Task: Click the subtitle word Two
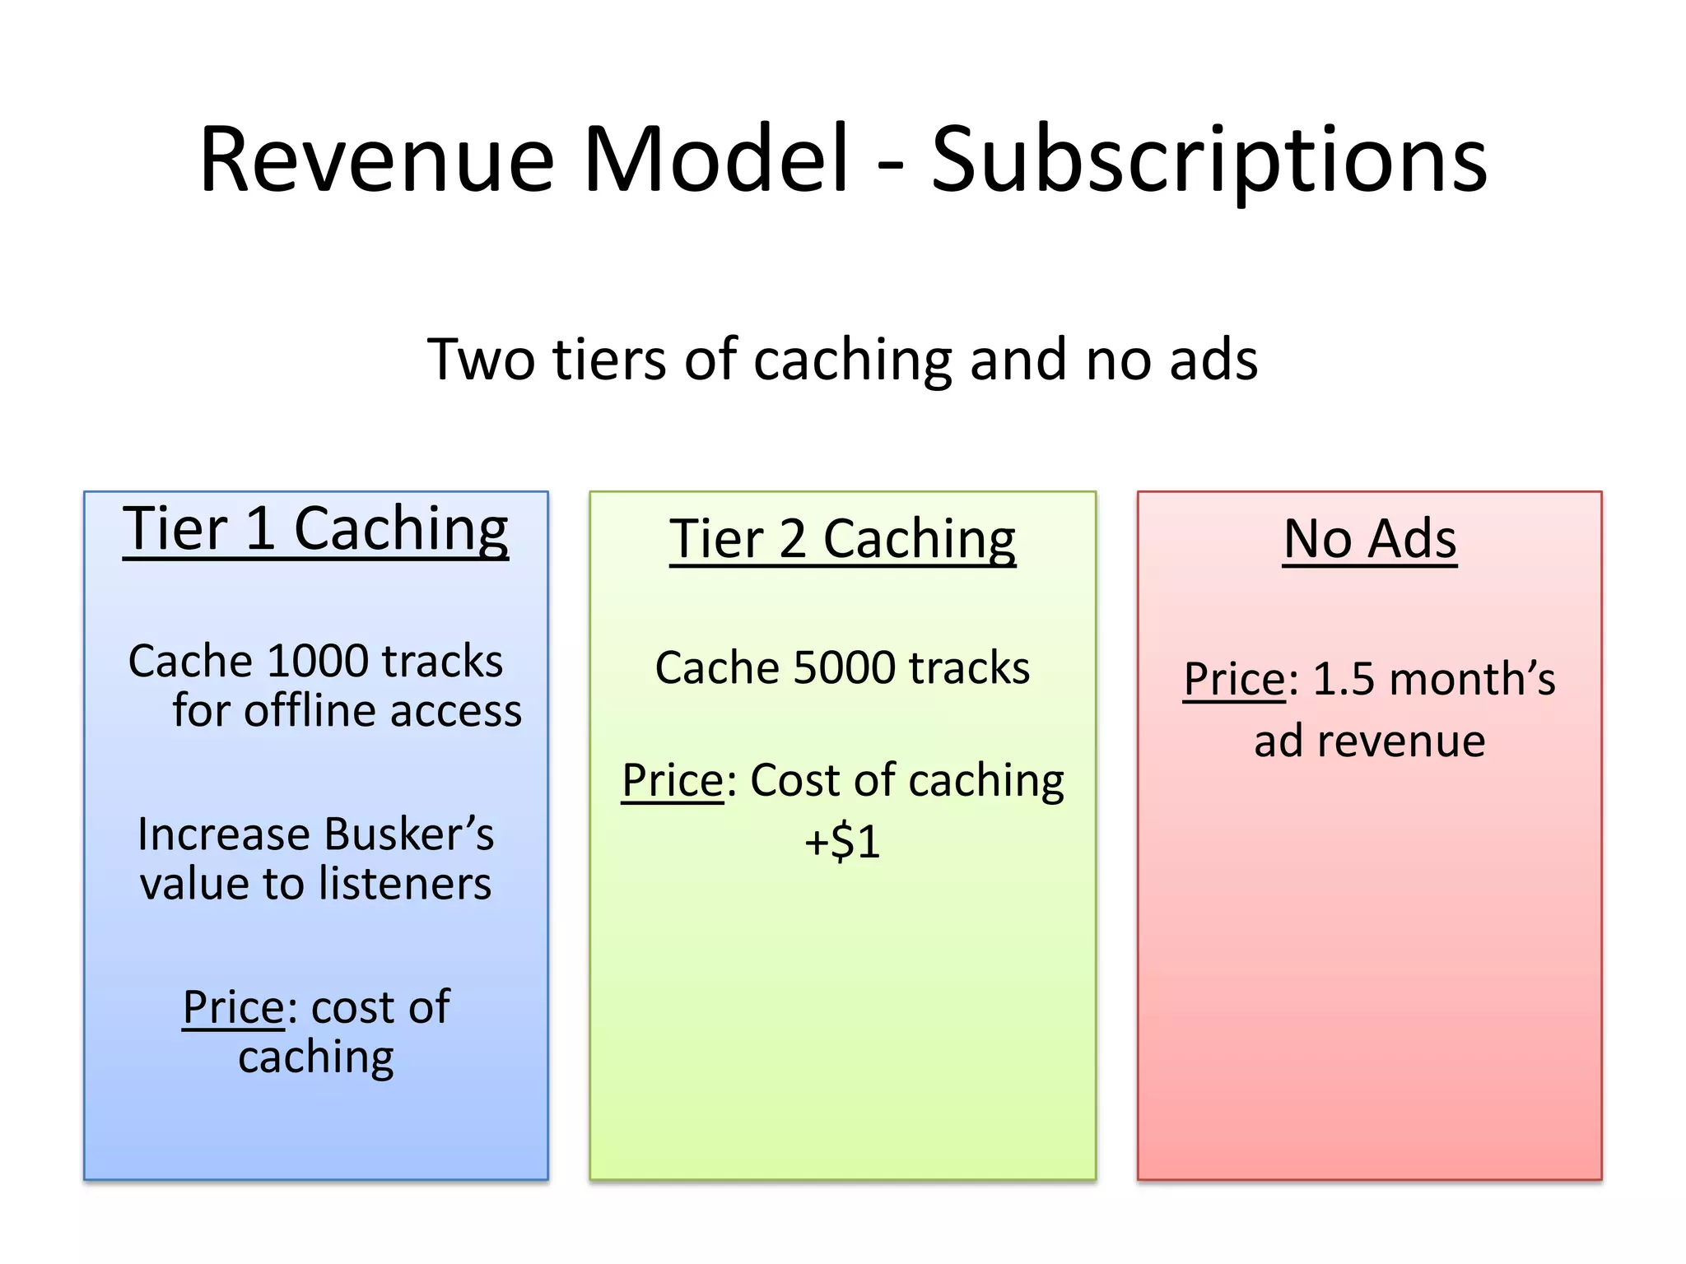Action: [x=481, y=360]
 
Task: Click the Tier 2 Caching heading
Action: [x=842, y=539]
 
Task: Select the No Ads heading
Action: [x=1370, y=539]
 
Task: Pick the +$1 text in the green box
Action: [x=842, y=841]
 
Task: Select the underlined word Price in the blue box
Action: [x=234, y=1006]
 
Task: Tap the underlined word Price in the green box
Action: [x=673, y=780]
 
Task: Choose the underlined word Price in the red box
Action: [x=1234, y=680]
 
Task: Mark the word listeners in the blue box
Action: [x=404, y=884]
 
